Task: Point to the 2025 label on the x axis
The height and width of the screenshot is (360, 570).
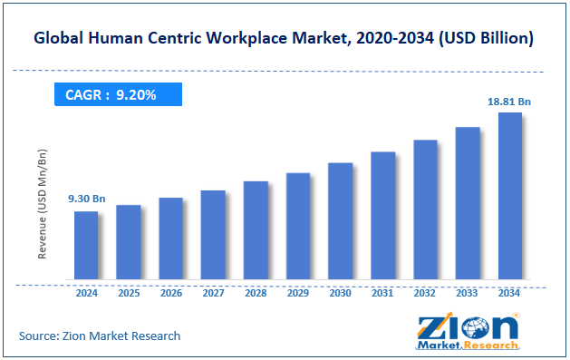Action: click(x=129, y=294)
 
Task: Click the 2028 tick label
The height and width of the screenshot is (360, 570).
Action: click(x=256, y=294)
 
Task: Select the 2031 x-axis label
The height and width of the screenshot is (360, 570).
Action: click(x=382, y=294)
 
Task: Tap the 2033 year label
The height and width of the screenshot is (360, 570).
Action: click(x=468, y=294)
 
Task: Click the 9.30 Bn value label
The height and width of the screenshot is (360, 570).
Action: click(x=87, y=199)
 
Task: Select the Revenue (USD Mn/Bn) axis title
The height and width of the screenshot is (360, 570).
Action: click(x=43, y=203)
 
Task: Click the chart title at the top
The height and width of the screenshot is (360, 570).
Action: click(x=284, y=39)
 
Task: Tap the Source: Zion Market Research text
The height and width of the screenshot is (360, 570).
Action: click(x=100, y=336)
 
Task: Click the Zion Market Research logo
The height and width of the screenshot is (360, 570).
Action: click(x=468, y=332)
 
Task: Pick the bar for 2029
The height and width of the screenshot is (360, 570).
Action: click(x=298, y=226)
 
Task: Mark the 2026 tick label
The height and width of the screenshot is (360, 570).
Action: click(x=170, y=294)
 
